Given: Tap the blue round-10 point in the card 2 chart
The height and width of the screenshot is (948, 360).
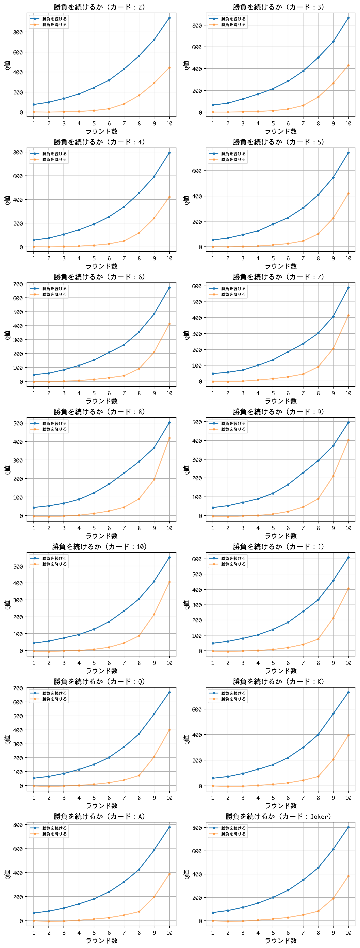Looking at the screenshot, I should tap(169, 18).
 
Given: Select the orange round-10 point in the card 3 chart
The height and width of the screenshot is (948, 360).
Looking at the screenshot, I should tap(348, 65).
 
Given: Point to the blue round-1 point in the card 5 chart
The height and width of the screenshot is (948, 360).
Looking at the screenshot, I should tap(213, 240).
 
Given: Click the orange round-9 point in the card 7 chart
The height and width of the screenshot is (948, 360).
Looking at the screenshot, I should tap(333, 349).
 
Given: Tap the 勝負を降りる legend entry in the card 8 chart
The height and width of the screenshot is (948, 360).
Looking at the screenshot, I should tap(54, 429).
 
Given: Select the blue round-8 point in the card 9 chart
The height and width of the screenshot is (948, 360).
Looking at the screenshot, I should tap(318, 460).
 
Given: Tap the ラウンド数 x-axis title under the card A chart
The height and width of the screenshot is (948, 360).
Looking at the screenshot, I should tap(101, 941).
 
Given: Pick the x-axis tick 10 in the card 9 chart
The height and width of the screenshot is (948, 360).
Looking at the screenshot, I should tap(348, 528).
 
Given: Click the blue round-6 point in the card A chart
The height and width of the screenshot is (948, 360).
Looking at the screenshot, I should tap(109, 892).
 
